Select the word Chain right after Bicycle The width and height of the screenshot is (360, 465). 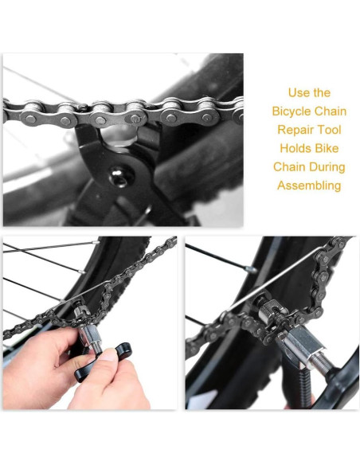330,111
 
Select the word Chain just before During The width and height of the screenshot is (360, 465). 290,167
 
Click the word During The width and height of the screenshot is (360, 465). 328,167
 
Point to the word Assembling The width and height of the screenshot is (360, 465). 309,186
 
